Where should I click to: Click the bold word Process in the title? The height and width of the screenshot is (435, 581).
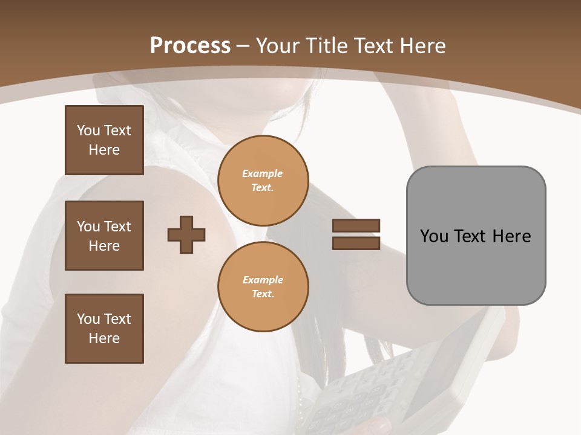pyautogui.click(x=190, y=46)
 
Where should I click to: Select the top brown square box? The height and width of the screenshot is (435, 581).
pyautogui.click(x=104, y=140)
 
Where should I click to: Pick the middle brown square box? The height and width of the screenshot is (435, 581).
pyautogui.click(x=104, y=236)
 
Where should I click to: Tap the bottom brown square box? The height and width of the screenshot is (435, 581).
pyautogui.click(x=104, y=329)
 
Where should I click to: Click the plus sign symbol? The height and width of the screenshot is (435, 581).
pyautogui.click(x=186, y=234)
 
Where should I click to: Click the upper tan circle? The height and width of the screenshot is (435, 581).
pyautogui.click(x=263, y=181)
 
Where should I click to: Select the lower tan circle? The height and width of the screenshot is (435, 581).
pyautogui.click(x=263, y=286)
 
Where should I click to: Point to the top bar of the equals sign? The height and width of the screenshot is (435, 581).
pyautogui.click(x=356, y=225)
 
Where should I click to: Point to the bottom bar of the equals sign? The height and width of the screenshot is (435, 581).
pyautogui.click(x=356, y=243)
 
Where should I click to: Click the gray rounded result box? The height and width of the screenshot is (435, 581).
pyautogui.click(x=476, y=235)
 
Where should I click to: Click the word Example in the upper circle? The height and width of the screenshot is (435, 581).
pyautogui.click(x=263, y=173)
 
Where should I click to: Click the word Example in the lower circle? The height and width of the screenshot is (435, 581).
pyautogui.click(x=263, y=280)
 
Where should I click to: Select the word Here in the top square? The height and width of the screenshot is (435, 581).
pyautogui.click(x=104, y=150)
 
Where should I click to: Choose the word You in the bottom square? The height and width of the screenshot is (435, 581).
pyautogui.click(x=88, y=319)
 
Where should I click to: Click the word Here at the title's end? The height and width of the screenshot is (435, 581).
pyautogui.click(x=422, y=46)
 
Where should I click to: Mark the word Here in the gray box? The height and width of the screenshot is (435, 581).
pyautogui.click(x=512, y=236)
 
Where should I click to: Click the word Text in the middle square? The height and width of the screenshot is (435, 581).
pyautogui.click(x=117, y=227)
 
